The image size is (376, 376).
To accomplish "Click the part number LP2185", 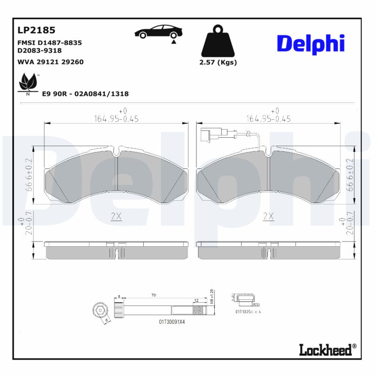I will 36,30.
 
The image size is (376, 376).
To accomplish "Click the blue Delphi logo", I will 310,43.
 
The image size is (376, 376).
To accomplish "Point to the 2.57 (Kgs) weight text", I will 218,63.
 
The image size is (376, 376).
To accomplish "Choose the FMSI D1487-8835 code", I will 49,43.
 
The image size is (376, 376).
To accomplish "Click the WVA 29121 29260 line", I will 50,62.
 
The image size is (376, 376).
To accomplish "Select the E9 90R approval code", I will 85,94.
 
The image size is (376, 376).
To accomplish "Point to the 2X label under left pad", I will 116,216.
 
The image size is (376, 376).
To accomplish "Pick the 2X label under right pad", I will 268,216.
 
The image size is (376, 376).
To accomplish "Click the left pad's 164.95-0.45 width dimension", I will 116,119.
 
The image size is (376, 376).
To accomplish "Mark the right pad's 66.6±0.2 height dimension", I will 349,174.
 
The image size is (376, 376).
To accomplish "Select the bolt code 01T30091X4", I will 172,322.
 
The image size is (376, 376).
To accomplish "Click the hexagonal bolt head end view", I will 100,311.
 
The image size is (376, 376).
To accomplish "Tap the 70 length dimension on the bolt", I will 154,296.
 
